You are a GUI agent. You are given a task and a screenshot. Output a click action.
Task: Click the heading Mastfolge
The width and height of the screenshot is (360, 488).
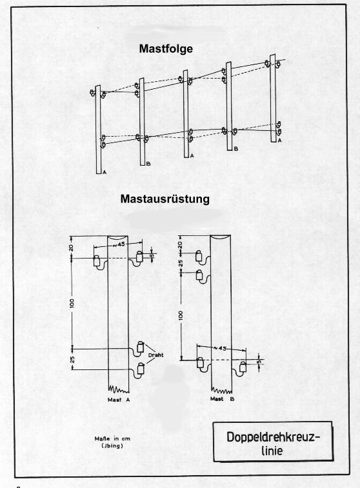coord(166,49)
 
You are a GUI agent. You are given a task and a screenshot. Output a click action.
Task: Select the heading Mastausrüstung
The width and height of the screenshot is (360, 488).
coord(165,199)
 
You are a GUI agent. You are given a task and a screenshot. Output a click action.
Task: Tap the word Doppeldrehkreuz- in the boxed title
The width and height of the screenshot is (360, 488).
coord(273,437)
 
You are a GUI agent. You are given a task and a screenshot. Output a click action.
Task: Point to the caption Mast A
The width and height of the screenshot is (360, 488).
coord(118,400)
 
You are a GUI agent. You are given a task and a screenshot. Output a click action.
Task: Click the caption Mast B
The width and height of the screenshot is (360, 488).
coord(222,398)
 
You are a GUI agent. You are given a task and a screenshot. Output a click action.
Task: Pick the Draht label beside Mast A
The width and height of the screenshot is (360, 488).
coord(155,355)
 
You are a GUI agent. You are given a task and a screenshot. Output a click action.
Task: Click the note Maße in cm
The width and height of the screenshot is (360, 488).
coord(112,438)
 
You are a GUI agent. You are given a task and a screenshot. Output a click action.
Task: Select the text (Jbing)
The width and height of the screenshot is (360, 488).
coord(112,445)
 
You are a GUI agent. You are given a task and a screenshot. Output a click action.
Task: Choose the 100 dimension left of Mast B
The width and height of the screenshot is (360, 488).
coord(181,316)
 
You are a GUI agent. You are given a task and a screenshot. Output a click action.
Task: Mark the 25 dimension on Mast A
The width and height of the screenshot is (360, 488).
coord(72,360)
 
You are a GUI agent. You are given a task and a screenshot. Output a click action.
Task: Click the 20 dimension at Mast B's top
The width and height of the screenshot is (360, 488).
coord(181,244)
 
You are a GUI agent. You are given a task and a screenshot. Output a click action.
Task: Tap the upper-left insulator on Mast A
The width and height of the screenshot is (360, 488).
coord(97,261)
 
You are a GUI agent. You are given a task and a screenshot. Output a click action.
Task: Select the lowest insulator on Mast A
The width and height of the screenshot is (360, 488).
coord(141,368)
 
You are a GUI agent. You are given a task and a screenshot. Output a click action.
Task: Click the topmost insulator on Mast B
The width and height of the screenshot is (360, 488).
coord(199,256)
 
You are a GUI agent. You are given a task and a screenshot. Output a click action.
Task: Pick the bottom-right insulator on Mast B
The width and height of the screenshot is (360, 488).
coord(243,367)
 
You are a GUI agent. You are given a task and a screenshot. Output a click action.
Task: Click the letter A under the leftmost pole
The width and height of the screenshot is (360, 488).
coord(105,171)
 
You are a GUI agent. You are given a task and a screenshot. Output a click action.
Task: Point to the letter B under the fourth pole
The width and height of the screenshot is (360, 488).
coord(236,149)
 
